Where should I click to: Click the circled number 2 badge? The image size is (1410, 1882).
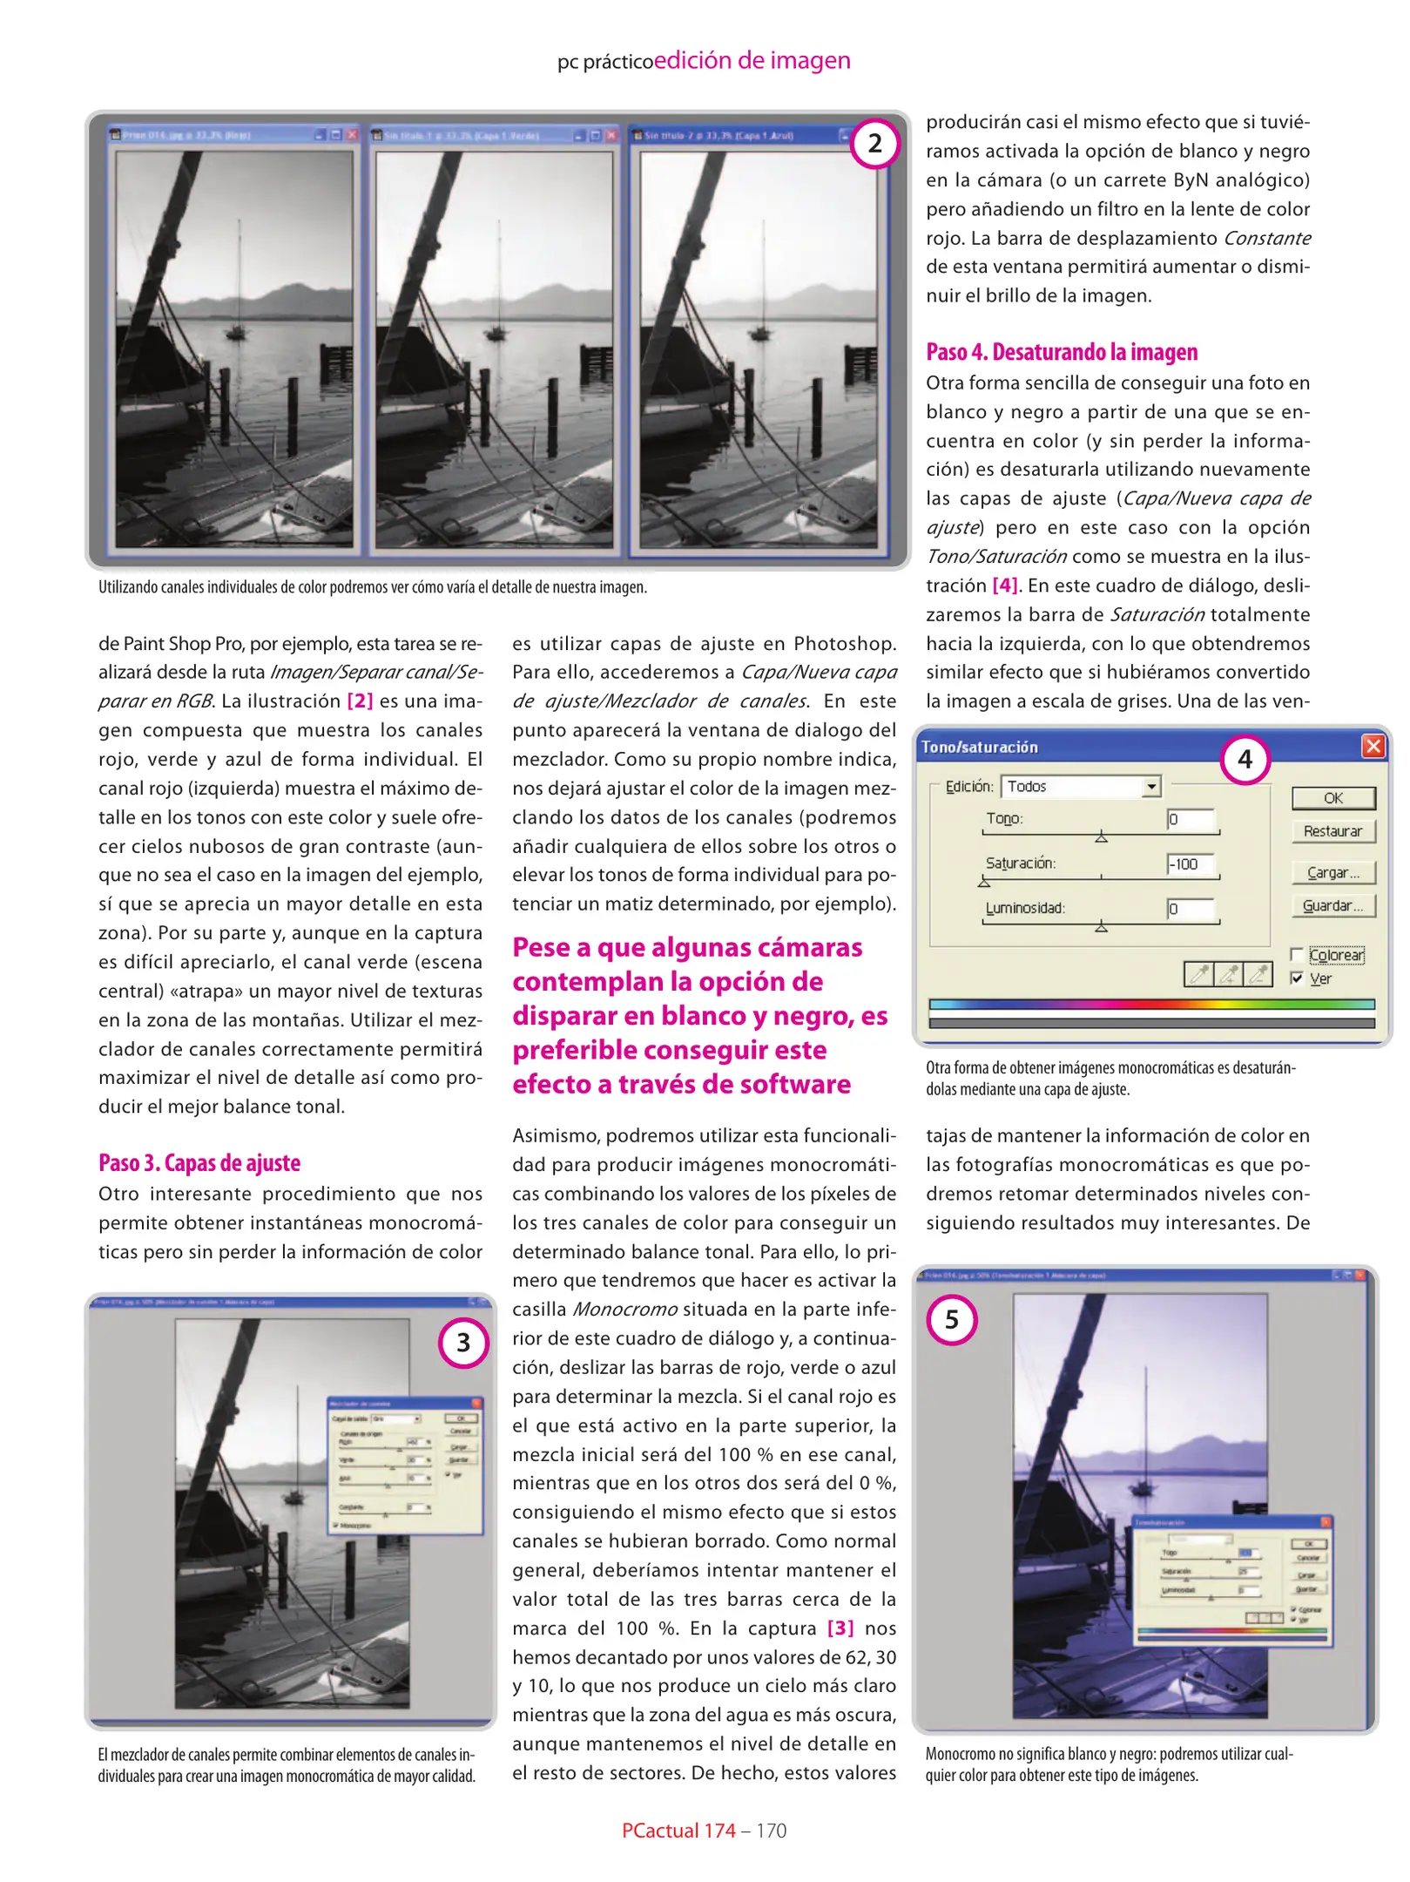click(x=874, y=143)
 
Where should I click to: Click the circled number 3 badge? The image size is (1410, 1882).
click(x=463, y=1342)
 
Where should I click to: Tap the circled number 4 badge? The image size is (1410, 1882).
click(x=1245, y=759)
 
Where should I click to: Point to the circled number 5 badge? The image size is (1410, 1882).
click(x=951, y=1319)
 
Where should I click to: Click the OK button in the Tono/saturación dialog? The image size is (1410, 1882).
click(x=1332, y=798)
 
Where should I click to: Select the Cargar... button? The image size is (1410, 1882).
click(x=1332, y=872)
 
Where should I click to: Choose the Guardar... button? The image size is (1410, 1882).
click(x=1332, y=906)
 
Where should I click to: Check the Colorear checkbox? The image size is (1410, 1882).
click(x=1297, y=955)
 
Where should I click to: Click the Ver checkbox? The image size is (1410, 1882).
click(x=1297, y=978)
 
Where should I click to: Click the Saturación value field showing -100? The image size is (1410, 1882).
click(x=1191, y=864)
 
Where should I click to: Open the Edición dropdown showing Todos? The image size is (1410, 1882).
click(x=1151, y=787)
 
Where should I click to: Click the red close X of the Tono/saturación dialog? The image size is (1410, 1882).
click(x=1373, y=747)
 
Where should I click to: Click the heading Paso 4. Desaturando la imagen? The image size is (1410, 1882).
click(x=1062, y=352)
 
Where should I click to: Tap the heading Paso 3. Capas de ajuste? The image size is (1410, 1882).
click(x=199, y=1163)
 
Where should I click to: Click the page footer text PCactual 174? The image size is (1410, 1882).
click(x=678, y=1831)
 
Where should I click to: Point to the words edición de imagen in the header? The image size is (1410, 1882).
click(x=752, y=60)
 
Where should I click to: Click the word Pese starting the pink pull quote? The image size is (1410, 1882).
click(x=542, y=948)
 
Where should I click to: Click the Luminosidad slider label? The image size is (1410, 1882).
click(x=1024, y=908)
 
